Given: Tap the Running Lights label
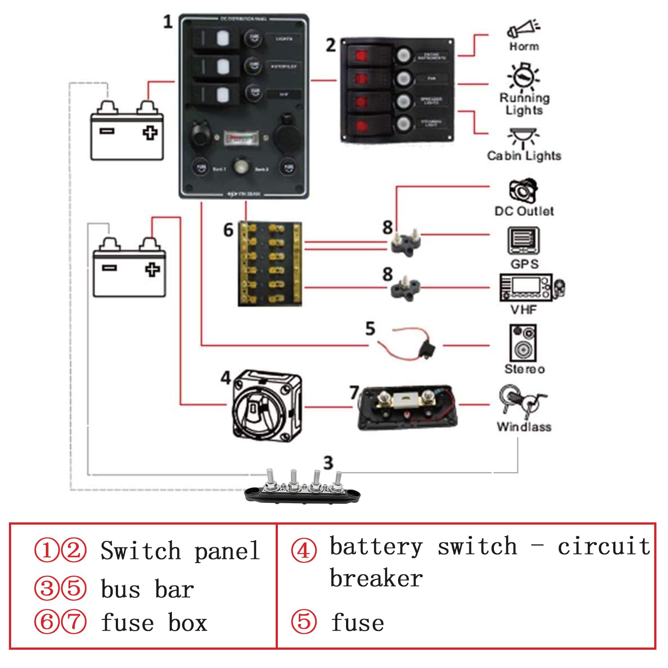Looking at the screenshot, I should coord(524,104).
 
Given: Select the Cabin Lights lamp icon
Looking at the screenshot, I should coord(523,138).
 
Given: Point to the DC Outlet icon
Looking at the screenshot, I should coord(523,190).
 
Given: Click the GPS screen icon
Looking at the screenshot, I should coord(523,240).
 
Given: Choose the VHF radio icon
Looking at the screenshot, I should coord(532,288).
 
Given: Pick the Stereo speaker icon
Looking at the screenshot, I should coord(523,342).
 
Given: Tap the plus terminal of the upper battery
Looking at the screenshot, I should coord(150,133).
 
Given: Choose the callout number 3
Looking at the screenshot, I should coord(328,463).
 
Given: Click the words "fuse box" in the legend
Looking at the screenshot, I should coord(154,623).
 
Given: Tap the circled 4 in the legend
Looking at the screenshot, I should coord(304,550).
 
